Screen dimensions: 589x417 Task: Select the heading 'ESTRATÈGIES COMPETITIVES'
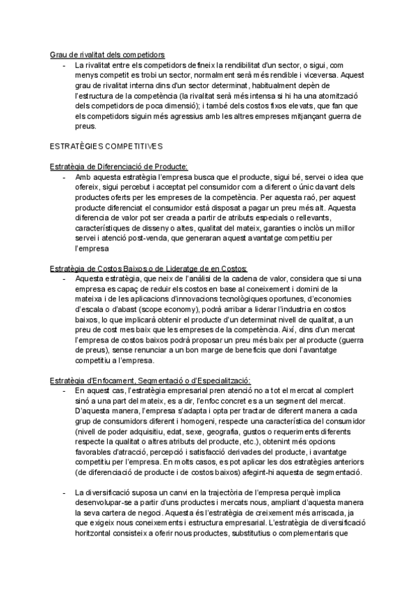pos(106,147)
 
